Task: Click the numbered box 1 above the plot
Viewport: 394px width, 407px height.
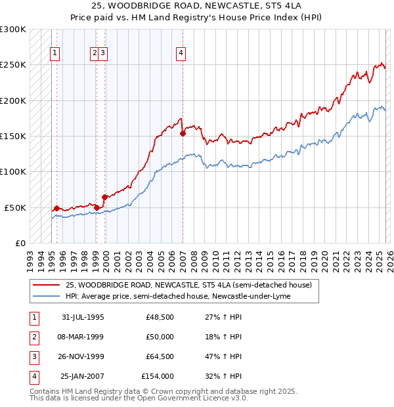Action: click(55, 54)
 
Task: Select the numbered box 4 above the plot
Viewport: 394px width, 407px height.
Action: click(180, 54)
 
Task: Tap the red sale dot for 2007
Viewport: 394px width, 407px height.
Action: click(183, 133)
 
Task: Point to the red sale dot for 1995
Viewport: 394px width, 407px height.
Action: click(57, 208)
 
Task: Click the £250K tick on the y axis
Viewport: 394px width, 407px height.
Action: click(13, 65)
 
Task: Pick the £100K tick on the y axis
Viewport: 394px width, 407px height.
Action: click(13, 172)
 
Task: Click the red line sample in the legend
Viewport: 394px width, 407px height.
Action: click(46, 285)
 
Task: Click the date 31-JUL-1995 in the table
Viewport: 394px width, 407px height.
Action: click(83, 317)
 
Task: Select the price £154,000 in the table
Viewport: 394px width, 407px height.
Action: click(158, 376)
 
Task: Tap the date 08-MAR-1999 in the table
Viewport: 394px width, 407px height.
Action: click(83, 337)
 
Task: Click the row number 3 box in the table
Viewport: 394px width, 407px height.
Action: click(33, 356)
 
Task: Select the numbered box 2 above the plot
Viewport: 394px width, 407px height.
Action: click(95, 54)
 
